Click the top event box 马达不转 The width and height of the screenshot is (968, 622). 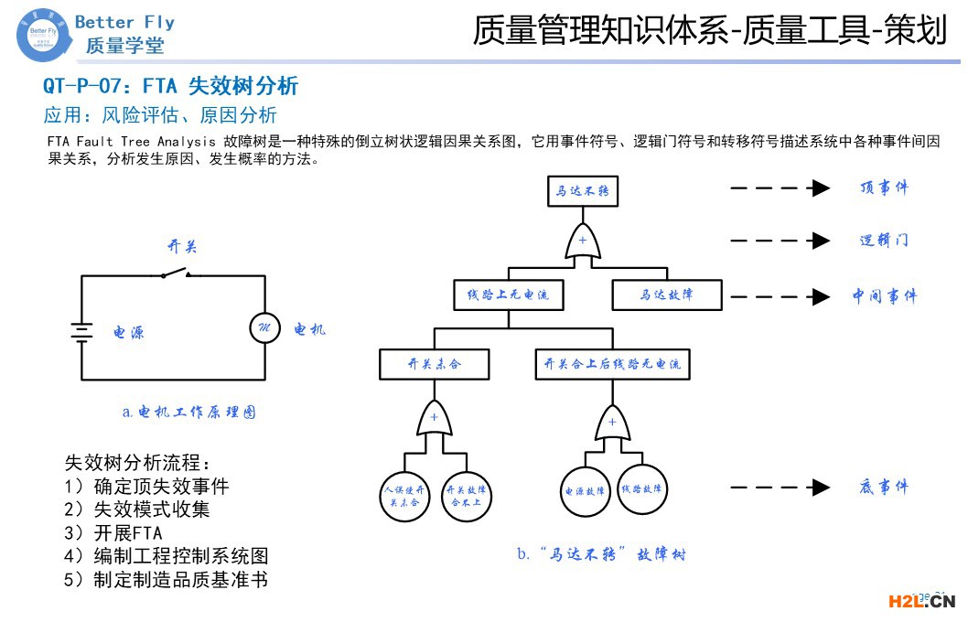point(583,192)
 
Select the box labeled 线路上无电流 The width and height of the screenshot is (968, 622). point(509,295)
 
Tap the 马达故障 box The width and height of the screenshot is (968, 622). point(666,295)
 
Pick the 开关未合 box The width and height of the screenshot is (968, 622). point(435,364)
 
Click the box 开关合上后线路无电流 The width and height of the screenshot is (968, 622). point(612,364)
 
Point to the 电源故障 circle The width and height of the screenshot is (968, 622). point(585,490)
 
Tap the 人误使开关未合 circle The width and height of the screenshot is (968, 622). point(404,496)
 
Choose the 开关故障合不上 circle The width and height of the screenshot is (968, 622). point(467,496)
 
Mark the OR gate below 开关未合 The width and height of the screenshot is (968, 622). point(435,420)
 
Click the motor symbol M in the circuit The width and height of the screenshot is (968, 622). point(265,327)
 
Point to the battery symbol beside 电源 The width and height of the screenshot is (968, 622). point(82,330)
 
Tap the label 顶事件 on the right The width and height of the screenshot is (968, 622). point(884,188)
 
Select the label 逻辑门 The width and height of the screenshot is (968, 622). point(884,241)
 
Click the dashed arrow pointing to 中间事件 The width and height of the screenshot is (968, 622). point(779,296)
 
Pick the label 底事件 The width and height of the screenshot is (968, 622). point(884,488)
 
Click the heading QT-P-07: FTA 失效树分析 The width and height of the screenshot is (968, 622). point(171,87)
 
